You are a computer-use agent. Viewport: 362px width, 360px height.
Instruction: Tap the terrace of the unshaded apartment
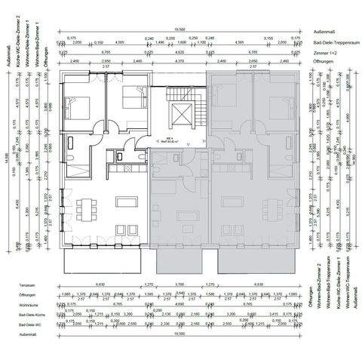(104, 261)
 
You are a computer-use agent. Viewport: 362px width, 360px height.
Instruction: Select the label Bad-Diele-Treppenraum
(333, 44)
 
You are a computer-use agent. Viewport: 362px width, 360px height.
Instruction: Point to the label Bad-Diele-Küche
(30, 315)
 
